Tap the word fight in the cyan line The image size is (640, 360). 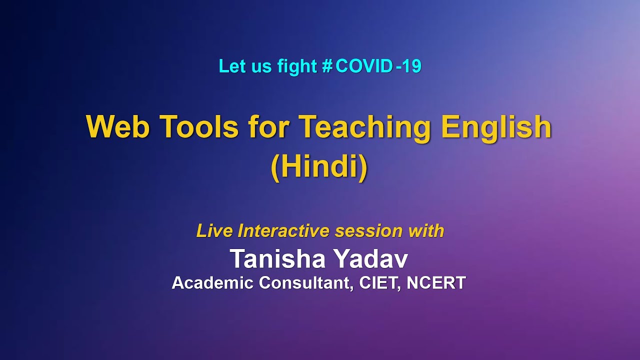(x=296, y=66)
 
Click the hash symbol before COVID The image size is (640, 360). (x=327, y=66)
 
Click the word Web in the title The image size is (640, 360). (x=118, y=127)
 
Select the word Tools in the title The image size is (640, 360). (x=199, y=127)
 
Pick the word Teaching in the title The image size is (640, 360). (x=365, y=128)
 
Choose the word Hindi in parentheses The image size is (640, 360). (x=319, y=168)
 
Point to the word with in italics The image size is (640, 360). (x=426, y=231)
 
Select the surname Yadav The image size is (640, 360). (x=371, y=259)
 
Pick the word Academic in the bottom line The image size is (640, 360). (x=212, y=283)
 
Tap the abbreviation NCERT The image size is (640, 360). (x=436, y=283)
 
